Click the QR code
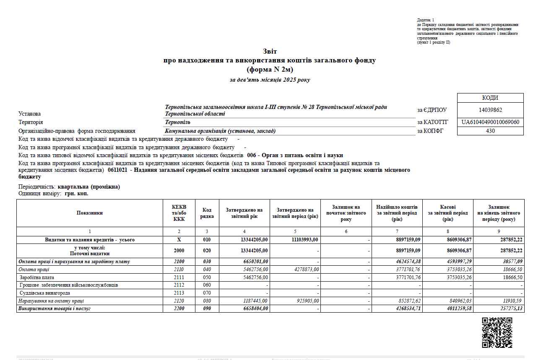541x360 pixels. [497, 333]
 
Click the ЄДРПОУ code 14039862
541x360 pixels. [490, 110]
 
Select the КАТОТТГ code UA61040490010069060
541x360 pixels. [490, 122]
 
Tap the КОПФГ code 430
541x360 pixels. [490, 131]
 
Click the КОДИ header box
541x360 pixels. [490, 98]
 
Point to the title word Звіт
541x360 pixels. [270, 52]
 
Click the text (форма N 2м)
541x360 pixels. [270, 70]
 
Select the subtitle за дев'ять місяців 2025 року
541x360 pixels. [270, 80]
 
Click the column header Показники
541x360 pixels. [90, 213]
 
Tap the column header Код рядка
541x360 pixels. [207, 213]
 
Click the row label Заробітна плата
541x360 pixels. [36, 277]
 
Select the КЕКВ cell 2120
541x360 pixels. [179, 301]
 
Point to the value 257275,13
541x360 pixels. [508, 309]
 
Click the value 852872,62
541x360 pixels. [406, 301]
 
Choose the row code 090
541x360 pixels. [207, 309]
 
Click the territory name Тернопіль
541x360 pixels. [178, 122]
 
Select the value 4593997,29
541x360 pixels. [458, 262]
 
